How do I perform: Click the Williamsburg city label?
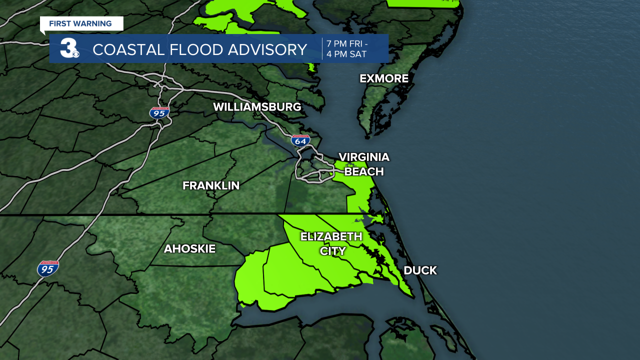pos(257,107)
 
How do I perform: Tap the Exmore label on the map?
pos(384,78)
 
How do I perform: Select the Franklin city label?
pos(211,185)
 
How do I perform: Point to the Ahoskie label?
pos(189,248)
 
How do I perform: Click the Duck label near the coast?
pos(420,270)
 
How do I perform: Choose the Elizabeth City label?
pos(331,243)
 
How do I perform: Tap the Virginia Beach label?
pos(364,164)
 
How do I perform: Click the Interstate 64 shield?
pos(300,140)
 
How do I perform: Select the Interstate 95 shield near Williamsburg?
pos(159,112)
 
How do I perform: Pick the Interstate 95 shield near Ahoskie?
pos(48,268)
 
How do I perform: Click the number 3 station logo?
pos(69,48)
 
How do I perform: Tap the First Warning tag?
pos(80,23)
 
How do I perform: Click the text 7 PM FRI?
pos(346,43)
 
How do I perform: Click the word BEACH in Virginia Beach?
pos(364,171)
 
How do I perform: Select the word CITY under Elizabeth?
pos(332,251)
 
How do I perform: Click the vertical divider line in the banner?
pos(322,48)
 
